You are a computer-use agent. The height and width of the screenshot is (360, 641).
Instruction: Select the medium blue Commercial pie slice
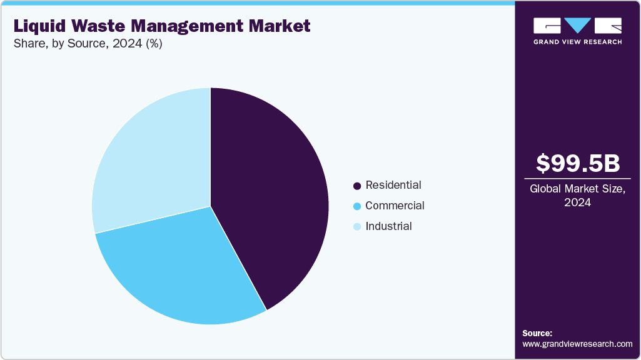click(x=181, y=269)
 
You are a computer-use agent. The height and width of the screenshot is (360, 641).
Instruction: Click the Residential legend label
click(x=393, y=185)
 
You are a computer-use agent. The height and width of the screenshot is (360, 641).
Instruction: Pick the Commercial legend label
click(x=395, y=206)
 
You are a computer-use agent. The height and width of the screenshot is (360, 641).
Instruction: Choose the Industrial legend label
click(x=388, y=226)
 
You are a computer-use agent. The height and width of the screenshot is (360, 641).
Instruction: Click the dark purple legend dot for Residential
click(x=357, y=186)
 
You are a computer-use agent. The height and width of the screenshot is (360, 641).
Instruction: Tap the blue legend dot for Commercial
click(x=357, y=206)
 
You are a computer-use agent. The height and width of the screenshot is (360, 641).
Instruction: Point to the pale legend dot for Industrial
click(x=357, y=227)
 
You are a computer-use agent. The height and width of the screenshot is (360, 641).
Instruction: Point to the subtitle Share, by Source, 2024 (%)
click(x=88, y=44)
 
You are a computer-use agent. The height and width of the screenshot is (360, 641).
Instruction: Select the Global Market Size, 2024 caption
click(x=578, y=196)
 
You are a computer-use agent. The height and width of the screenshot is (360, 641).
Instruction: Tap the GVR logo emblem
click(x=577, y=26)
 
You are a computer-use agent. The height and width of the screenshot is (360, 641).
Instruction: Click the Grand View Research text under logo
click(x=577, y=42)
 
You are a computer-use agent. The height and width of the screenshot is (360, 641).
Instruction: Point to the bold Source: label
click(x=537, y=333)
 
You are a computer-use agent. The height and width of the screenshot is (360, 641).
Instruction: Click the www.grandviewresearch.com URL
click(x=577, y=344)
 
